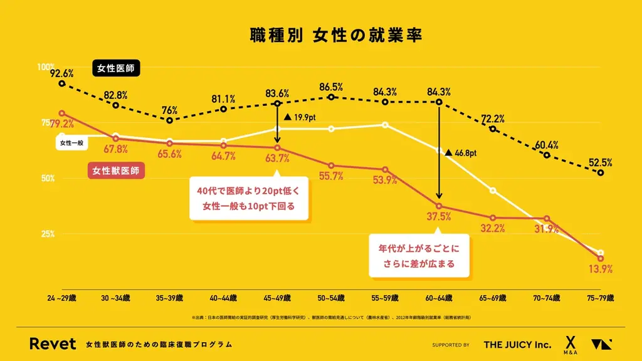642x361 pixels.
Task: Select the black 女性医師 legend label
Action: pos(116,67)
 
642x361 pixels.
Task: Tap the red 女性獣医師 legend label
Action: pos(116,170)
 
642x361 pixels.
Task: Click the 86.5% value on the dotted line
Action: pos(330,87)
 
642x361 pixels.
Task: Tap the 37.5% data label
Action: pos(439,217)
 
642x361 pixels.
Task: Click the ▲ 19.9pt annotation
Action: pos(302,117)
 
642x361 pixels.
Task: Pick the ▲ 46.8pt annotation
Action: pos(461,152)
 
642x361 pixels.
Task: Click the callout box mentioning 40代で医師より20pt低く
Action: pos(249,198)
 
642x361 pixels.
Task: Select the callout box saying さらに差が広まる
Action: pos(419,255)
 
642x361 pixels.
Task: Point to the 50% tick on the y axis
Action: pos(48,179)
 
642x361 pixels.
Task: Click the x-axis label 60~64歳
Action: pos(439,298)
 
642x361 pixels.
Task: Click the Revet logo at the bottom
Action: pos(53,344)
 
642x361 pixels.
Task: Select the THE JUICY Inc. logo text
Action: pos(517,345)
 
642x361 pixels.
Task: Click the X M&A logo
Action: pos(570,344)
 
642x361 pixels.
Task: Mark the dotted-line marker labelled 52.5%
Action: pos(601,172)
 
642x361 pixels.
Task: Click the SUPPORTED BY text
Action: pos(451,345)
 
